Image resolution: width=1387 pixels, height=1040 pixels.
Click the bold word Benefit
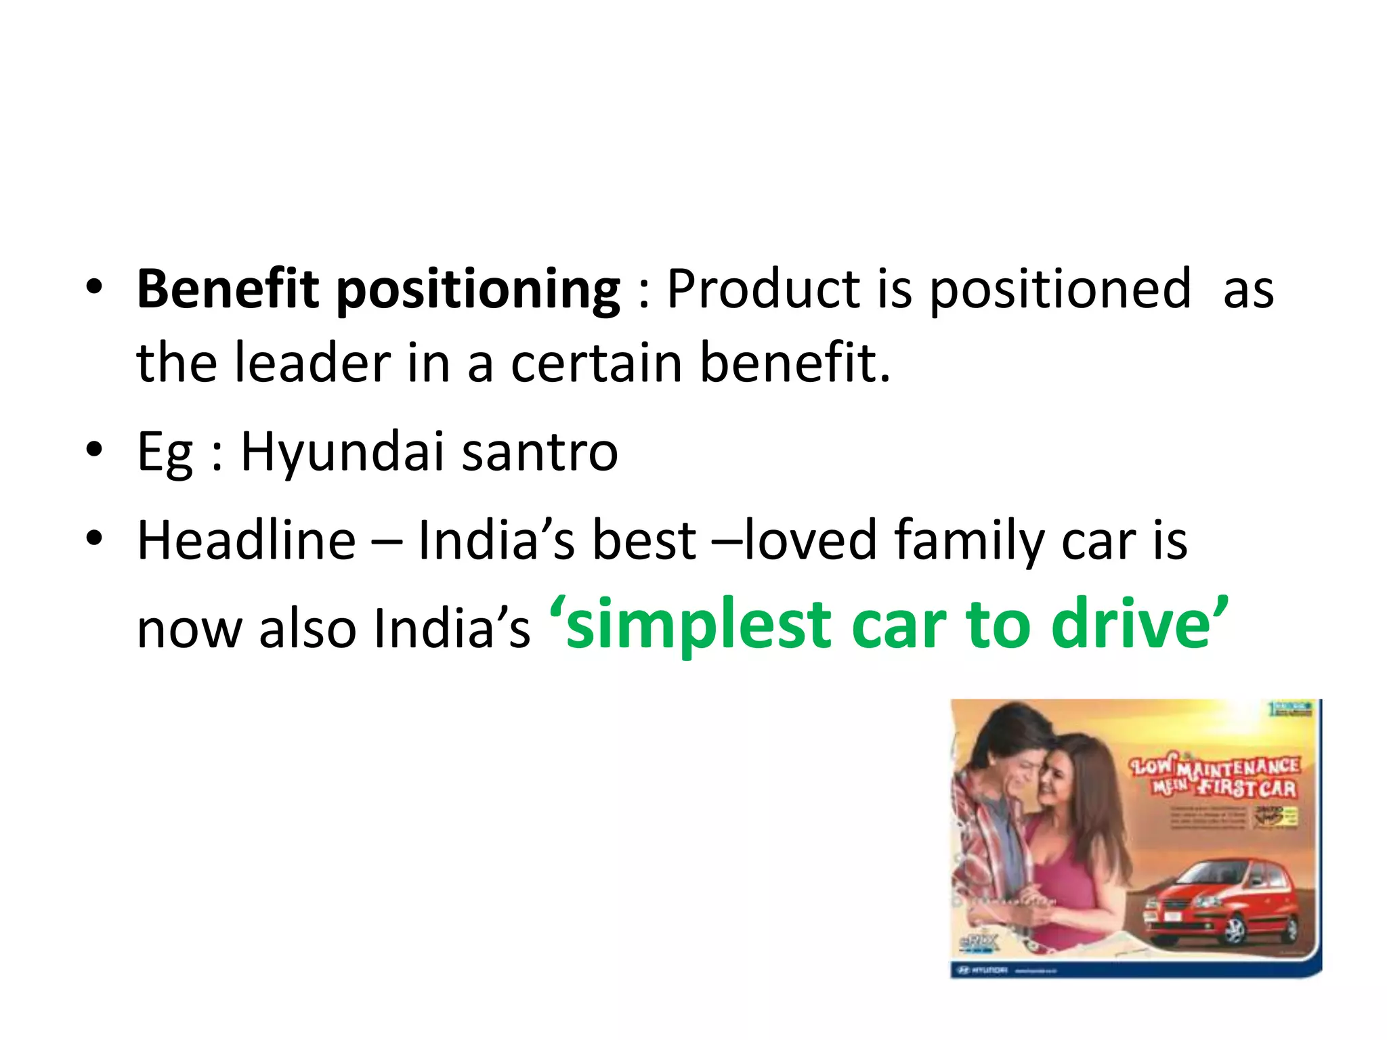(227, 290)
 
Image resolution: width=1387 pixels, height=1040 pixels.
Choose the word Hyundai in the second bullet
(342, 452)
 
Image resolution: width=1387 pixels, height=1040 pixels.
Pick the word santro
(540, 452)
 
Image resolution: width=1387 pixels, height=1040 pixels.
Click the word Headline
(247, 541)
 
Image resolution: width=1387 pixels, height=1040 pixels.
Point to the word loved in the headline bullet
(810, 541)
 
